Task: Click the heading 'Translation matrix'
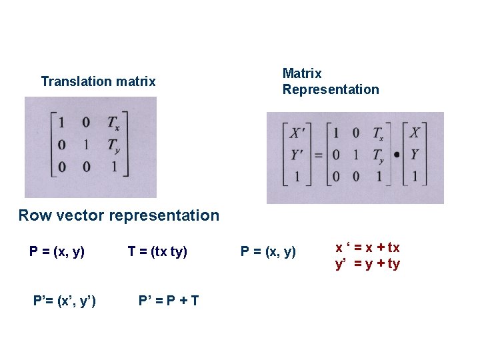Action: [98, 81]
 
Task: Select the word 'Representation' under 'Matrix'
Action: [330, 89]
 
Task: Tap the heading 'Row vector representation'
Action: [119, 215]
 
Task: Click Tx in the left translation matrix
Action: [113, 122]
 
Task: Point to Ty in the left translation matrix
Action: [113, 145]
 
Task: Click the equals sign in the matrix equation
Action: [319, 155]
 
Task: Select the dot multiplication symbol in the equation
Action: [397, 155]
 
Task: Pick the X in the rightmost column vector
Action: [415, 133]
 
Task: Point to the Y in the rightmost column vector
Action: [415, 155]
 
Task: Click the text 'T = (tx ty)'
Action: [157, 252]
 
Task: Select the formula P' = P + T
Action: [168, 301]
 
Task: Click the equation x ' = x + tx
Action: [367, 248]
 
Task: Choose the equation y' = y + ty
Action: [367, 264]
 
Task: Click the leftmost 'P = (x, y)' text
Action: [57, 252]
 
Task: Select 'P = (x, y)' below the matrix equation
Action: [268, 252]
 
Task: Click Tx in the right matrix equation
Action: [378, 133]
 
